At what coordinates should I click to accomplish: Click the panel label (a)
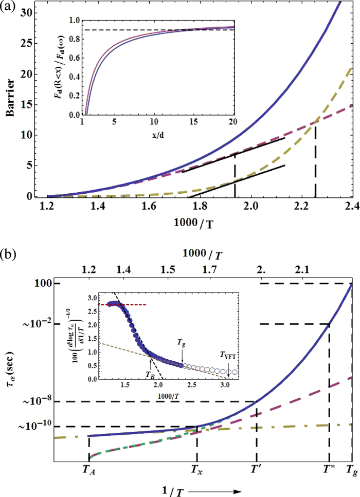pyautogui.click(x=9, y=7)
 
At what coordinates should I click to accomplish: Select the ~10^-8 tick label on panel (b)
pyautogui.click(x=40, y=401)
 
